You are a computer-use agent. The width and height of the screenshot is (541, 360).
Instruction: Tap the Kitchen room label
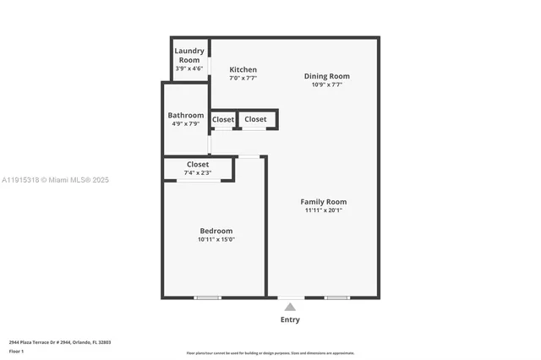pos(243,69)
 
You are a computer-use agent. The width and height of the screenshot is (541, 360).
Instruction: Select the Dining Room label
pos(326,76)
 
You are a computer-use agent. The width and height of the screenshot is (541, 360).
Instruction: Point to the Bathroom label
pos(185,115)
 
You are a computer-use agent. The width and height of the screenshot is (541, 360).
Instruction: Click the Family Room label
pos(324,202)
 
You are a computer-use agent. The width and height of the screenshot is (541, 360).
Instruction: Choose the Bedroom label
pos(216,231)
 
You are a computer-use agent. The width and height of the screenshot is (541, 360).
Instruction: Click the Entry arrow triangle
pos(290,308)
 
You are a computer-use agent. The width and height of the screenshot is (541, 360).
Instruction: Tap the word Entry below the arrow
pos(290,320)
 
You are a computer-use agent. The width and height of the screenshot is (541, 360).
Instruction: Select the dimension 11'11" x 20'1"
pos(324,210)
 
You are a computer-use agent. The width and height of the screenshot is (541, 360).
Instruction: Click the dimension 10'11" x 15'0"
pos(216,239)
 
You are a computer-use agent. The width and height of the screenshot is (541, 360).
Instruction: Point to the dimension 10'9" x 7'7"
pos(326,85)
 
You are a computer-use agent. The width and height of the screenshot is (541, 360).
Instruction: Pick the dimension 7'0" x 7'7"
pos(243,78)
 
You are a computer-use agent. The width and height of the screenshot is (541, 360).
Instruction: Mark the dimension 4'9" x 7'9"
pos(185,123)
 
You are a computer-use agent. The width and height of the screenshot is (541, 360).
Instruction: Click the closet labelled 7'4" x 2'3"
pos(197,168)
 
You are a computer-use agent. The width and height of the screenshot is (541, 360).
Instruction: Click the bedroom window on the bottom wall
pos(207,297)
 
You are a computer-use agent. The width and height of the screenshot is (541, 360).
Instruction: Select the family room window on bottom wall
pos(336,297)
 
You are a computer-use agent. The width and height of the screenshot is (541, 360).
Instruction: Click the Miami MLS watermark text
pos(56,180)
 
